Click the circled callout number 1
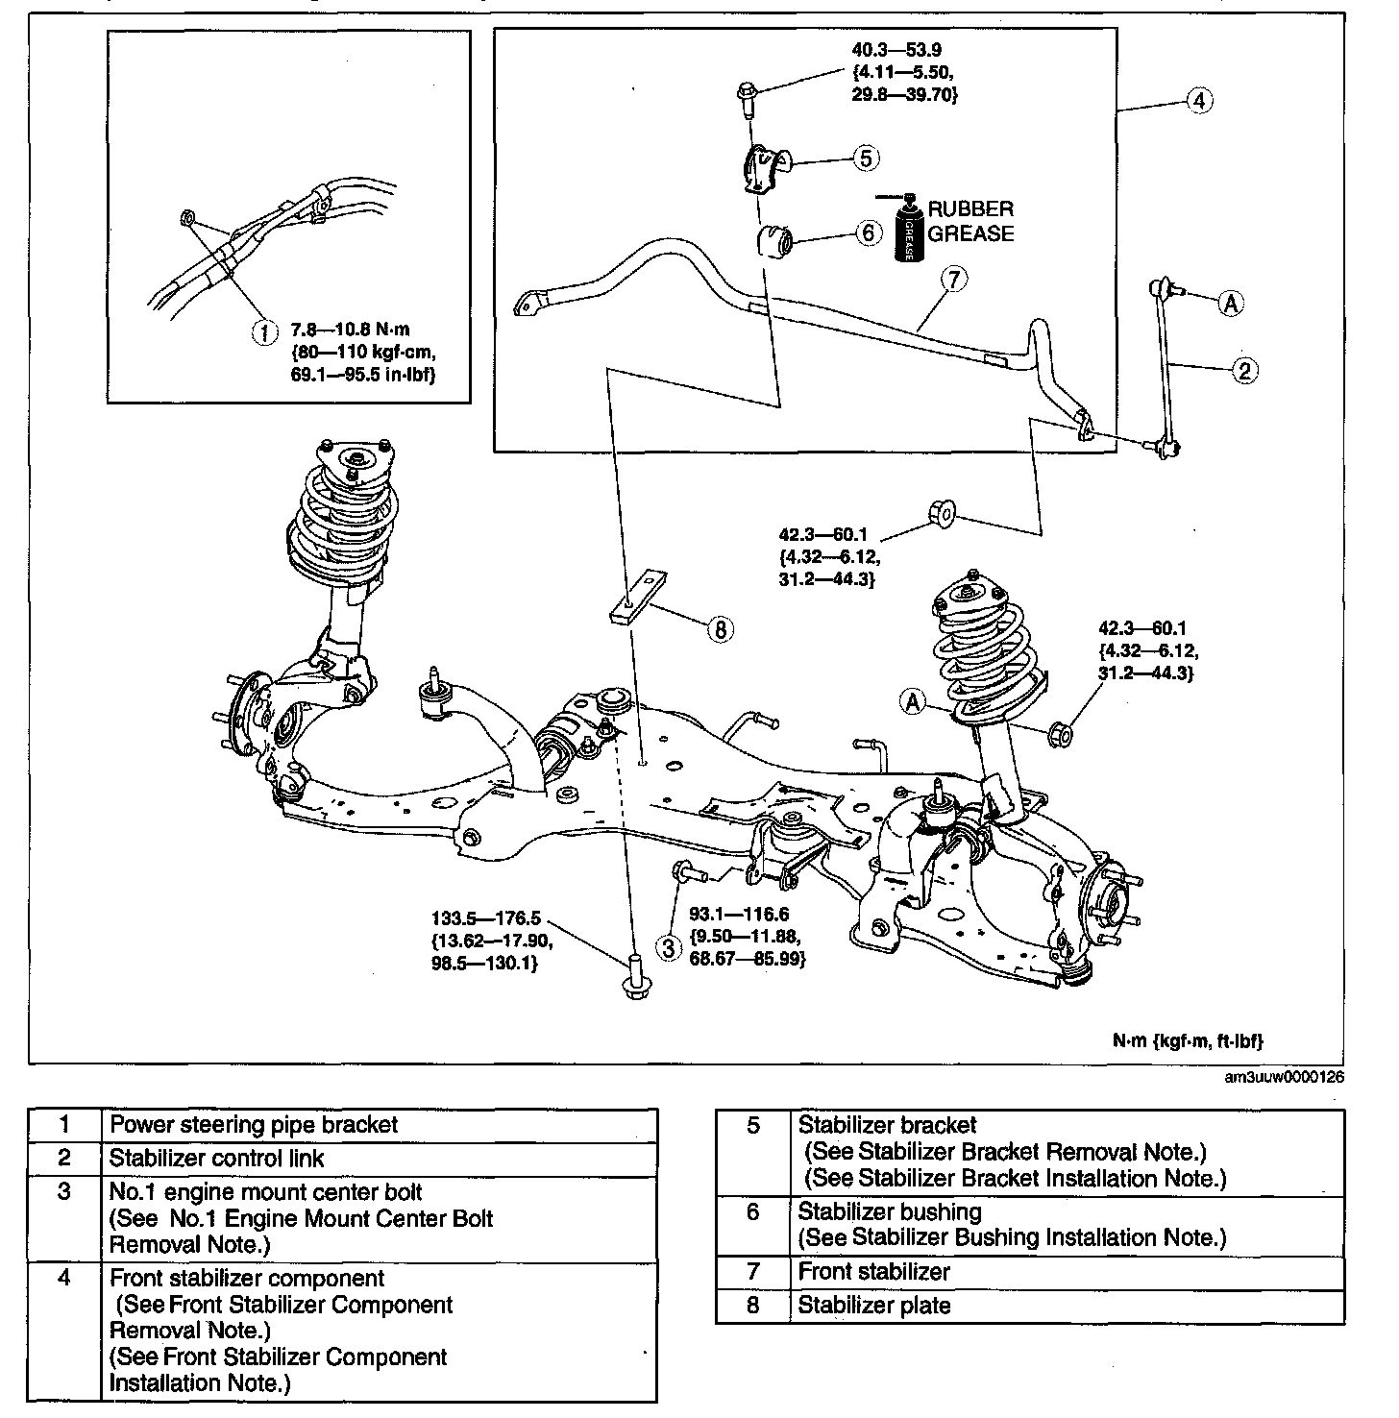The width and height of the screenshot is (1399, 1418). [x=261, y=331]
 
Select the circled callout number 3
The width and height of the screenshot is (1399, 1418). [x=668, y=947]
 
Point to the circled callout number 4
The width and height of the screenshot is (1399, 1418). [x=1198, y=100]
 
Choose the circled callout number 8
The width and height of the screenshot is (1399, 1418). [x=720, y=629]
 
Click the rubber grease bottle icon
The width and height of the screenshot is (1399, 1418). [x=907, y=230]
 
